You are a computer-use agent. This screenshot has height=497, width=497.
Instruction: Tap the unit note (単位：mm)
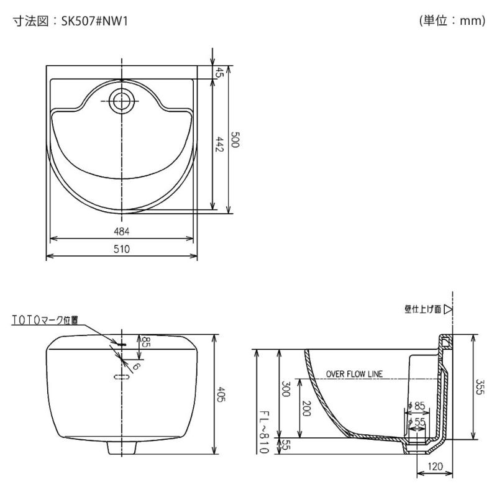[452, 21]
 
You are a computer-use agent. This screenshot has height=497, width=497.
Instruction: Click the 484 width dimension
[122, 231]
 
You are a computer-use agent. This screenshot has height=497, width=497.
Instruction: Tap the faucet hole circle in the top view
[121, 99]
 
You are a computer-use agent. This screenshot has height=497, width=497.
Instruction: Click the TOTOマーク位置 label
[44, 320]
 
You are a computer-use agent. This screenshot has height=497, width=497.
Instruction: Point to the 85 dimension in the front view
[146, 341]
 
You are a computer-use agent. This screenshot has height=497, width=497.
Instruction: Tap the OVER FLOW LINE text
[354, 374]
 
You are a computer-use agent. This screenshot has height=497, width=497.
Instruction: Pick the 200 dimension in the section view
[305, 408]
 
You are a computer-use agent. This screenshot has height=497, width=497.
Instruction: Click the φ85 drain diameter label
[417, 406]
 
